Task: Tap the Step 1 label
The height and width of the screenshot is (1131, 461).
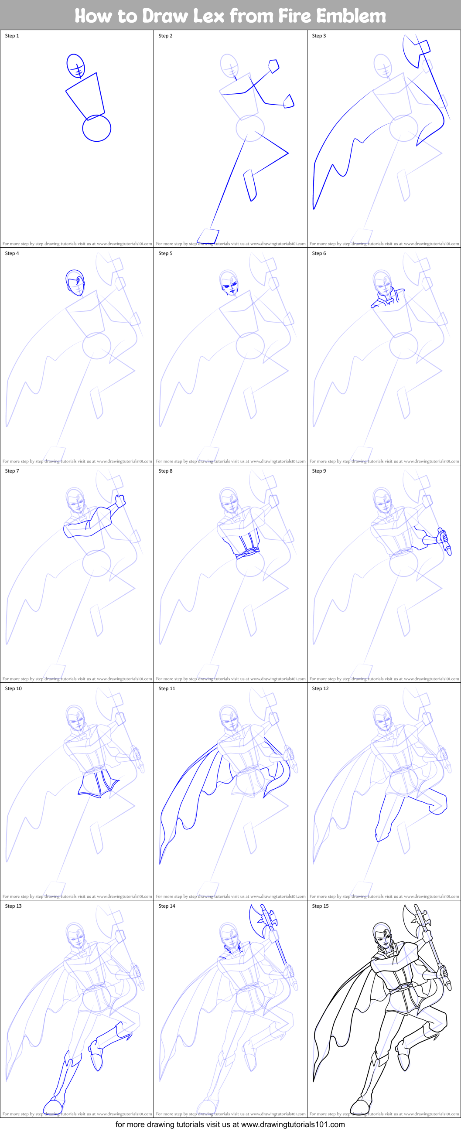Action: click(12, 36)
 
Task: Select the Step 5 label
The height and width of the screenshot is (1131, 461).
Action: click(166, 253)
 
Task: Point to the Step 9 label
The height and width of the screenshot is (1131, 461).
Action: click(319, 470)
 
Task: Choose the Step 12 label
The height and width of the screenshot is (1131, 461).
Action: click(320, 688)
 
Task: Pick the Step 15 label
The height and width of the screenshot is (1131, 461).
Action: click(320, 906)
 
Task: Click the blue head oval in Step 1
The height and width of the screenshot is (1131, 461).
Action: click(75, 65)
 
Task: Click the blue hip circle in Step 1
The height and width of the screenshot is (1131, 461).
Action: click(96, 128)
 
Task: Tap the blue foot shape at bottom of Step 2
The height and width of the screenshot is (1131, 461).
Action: click(208, 236)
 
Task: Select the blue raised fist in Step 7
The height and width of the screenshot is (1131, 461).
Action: click(120, 501)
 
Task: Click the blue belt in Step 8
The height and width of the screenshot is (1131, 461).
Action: click(248, 553)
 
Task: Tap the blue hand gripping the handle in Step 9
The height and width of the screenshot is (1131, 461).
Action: click(443, 537)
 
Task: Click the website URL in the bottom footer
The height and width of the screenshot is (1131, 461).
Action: click(293, 1124)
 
